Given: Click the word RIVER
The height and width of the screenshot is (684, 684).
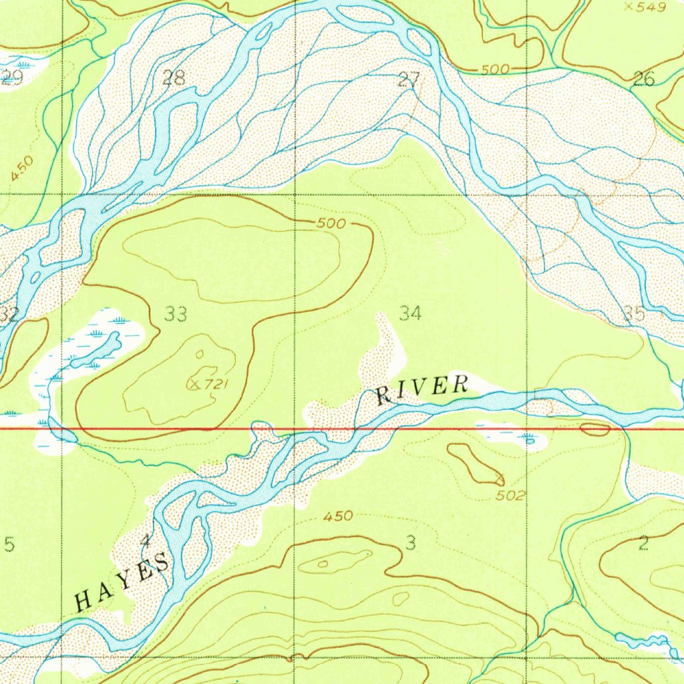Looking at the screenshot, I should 421,390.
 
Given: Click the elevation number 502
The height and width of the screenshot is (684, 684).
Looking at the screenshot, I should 511,496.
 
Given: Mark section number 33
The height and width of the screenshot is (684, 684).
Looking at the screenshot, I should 176,314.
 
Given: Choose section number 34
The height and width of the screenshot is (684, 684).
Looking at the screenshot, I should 410,313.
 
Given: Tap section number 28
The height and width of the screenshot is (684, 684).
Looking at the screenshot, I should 174,78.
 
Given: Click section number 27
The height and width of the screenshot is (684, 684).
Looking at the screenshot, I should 408,81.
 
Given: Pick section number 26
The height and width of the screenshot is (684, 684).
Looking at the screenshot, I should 643,80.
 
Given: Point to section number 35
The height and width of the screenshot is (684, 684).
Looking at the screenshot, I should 635,313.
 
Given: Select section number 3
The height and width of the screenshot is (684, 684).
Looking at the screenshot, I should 410,542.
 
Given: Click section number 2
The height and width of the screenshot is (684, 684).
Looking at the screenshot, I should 643,543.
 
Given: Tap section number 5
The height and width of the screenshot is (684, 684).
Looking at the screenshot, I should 9,545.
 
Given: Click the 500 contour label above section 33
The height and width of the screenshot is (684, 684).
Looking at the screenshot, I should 331,224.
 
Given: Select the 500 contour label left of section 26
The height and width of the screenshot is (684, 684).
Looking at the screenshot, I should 495,70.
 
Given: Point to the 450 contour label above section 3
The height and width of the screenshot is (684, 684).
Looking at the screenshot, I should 338,516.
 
